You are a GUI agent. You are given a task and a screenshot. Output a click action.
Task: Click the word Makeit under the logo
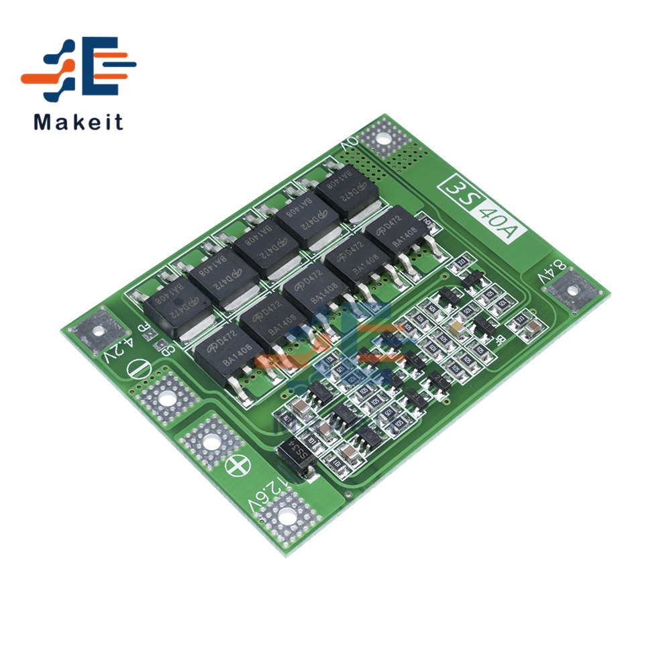tap(79, 122)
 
